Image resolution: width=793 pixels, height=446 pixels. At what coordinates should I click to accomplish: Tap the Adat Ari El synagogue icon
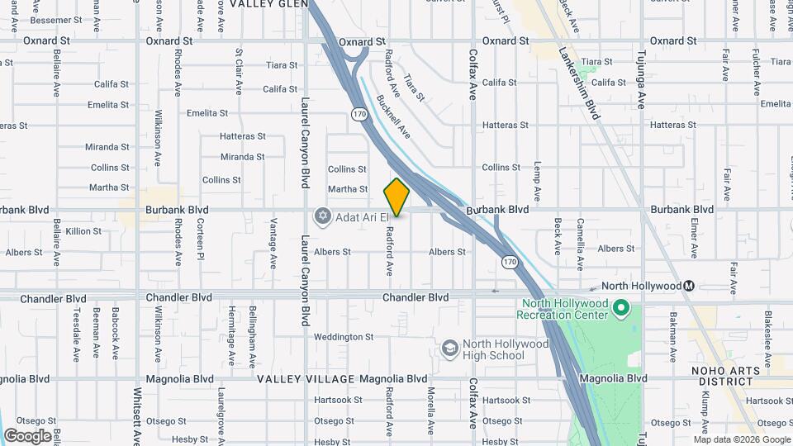[x=322, y=216]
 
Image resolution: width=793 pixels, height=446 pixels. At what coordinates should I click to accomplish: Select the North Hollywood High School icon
[x=450, y=349]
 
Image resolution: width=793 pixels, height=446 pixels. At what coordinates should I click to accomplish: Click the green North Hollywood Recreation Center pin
[x=621, y=309]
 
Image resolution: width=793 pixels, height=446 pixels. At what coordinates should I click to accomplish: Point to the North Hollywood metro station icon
[x=689, y=286]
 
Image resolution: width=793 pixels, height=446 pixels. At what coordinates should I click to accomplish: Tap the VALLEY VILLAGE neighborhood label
[x=306, y=379]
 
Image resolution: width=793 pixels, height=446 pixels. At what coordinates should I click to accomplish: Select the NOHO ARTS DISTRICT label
[x=727, y=375]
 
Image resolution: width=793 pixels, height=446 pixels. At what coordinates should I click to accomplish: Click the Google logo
[x=27, y=435]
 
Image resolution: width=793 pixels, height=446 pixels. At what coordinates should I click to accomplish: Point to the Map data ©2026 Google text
[x=741, y=439]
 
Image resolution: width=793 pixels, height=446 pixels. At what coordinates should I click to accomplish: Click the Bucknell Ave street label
[x=392, y=115]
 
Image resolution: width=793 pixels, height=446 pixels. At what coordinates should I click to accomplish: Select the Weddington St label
[x=344, y=337]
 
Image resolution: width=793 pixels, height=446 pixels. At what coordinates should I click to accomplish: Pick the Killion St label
[x=83, y=231]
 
